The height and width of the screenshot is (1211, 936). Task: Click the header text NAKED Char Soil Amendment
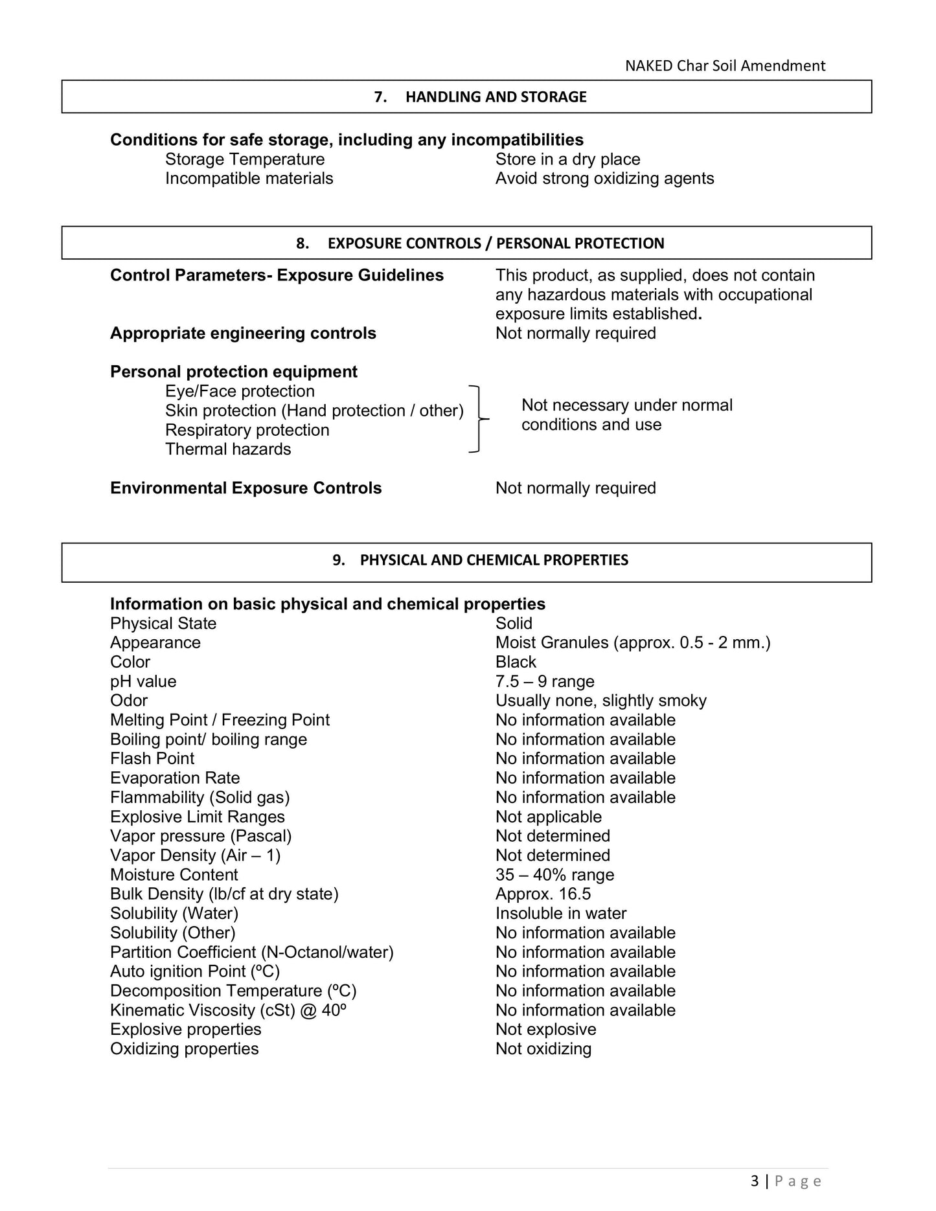725,65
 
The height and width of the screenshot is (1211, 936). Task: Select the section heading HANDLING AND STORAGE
496,96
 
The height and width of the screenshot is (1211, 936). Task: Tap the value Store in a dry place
567,159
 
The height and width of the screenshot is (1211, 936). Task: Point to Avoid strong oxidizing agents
604,179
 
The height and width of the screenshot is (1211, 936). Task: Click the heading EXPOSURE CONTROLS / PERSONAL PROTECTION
496,243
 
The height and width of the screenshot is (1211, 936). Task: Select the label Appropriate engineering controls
243,334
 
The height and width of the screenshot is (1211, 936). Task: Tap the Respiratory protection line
247,430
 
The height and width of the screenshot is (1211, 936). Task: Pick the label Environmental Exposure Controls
245,488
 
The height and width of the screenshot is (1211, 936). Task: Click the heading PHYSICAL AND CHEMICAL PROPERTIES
494,560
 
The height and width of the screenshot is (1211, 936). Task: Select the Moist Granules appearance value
633,643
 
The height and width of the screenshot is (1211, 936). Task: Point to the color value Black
516,662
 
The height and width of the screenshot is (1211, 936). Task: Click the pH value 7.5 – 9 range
545,682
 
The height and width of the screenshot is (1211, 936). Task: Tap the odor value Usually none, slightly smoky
600,701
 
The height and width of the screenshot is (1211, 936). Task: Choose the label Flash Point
152,759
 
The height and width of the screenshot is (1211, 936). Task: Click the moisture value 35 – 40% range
554,875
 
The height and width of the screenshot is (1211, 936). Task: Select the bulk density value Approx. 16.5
543,894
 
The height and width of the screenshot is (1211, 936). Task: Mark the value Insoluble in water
561,914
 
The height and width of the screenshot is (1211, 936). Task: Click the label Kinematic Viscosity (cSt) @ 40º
228,1010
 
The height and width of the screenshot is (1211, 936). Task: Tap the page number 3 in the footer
754,1181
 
